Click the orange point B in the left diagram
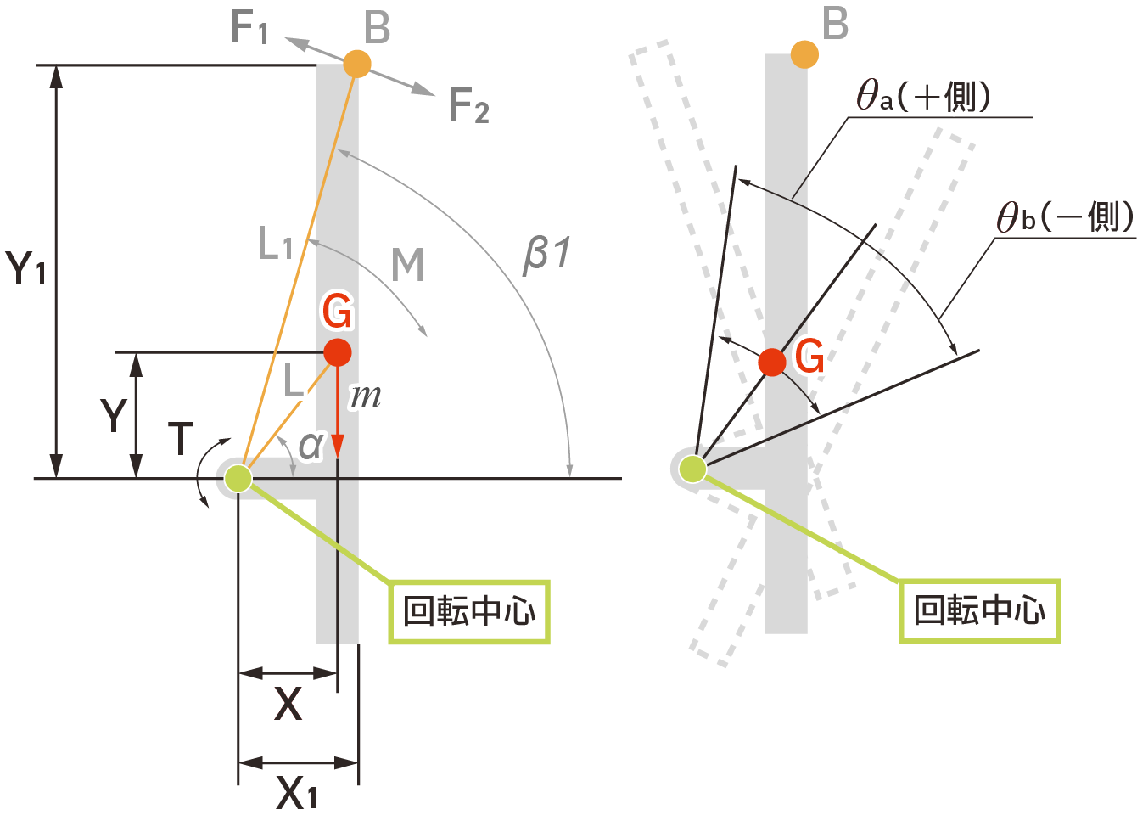coord(357,64)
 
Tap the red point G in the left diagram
coord(338,352)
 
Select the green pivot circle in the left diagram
coord(238,478)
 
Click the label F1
coord(249,28)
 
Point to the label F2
coord(469,106)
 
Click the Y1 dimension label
coord(27,268)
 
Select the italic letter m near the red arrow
coord(367,396)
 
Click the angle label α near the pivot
coord(311,444)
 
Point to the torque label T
coord(181,438)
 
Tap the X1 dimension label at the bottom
coord(296,793)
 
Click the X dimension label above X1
coord(288,704)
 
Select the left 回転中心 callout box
coord(469,611)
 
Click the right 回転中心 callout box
coord(979,610)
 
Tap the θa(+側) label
coord(923,96)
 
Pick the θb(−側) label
coord(1065,217)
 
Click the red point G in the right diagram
coord(772,362)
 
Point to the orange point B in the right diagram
coord(804,54)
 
